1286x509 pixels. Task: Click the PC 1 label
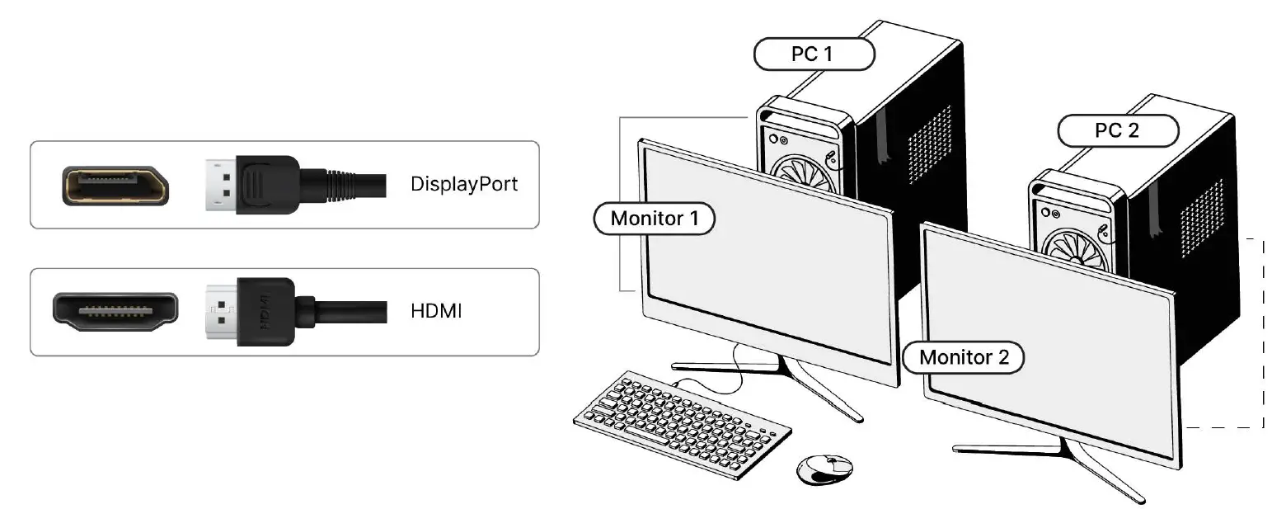point(814,54)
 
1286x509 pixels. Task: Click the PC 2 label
point(1118,130)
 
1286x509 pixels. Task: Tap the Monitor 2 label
point(962,357)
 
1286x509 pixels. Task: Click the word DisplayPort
point(464,183)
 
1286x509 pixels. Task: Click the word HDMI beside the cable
point(435,312)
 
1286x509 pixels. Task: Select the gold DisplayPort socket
point(115,185)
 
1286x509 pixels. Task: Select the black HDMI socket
point(115,312)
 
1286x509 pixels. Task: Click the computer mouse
point(824,468)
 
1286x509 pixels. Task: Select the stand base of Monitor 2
point(1063,459)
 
